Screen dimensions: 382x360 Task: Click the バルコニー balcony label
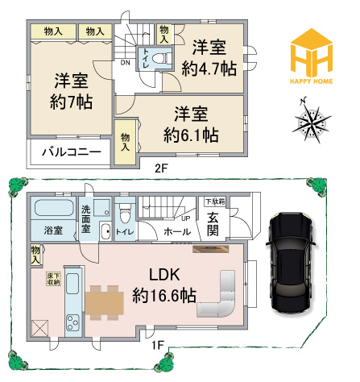coord(70,152)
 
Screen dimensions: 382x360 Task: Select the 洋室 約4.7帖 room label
coord(208,58)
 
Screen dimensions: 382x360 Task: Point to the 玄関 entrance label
coord(213,224)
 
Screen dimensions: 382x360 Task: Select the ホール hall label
coord(177,232)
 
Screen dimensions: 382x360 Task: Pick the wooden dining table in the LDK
coord(105,301)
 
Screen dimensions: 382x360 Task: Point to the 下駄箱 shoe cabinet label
coord(213,201)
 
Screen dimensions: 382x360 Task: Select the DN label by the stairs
coord(125,62)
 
